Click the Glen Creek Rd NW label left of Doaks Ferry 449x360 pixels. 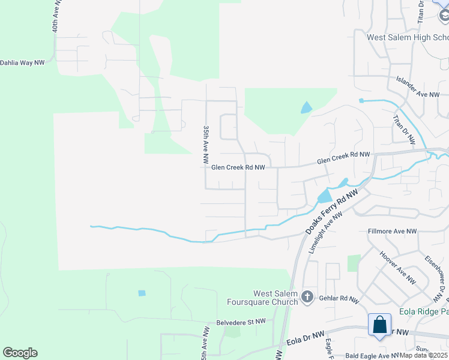pyautogui.click(x=238, y=167)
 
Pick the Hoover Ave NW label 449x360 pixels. pyautogui.click(x=397, y=267)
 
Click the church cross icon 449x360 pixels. pyautogui.click(x=307, y=296)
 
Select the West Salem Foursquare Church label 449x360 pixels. pyautogui.click(x=268, y=298)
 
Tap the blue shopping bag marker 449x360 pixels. pyautogui.click(x=380, y=325)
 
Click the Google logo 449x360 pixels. pyautogui.click(x=20, y=353)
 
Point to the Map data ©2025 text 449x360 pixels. pyautogui.click(x=424, y=355)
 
